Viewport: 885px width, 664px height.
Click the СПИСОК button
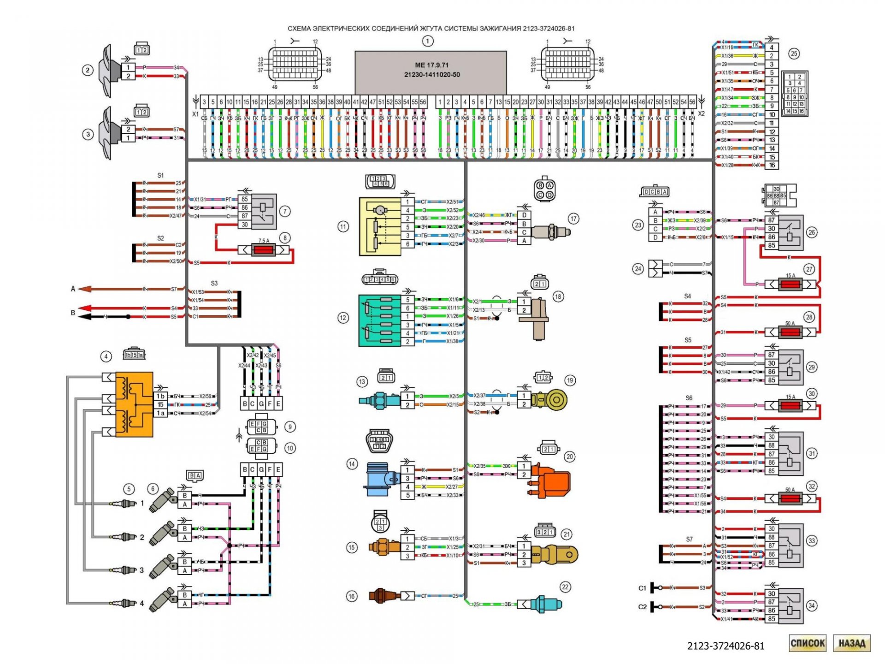click(x=807, y=643)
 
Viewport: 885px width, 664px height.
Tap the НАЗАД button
click(x=851, y=643)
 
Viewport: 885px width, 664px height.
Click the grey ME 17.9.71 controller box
click(x=431, y=71)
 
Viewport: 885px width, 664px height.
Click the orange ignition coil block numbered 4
click(x=134, y=404)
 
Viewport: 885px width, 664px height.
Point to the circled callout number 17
click(x=573, y=219)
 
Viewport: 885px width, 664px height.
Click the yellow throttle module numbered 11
click(x=380, y=226)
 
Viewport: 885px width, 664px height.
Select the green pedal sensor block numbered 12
click(x=381, y=320)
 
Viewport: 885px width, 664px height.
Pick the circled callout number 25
click(x=794, y=53)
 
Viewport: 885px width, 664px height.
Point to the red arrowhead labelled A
click(x=84, y=289)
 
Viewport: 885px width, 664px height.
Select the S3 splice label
click(x=214, y=283)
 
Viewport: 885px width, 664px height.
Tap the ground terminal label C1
click(x=642, y=588)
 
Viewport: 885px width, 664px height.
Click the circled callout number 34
click(x=811, y=605)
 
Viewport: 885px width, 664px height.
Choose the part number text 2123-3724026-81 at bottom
click(x=726, y=646)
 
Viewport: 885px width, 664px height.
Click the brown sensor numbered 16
click(x=381, y=595)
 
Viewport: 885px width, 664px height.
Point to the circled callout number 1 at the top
click(x=427, y=41)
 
